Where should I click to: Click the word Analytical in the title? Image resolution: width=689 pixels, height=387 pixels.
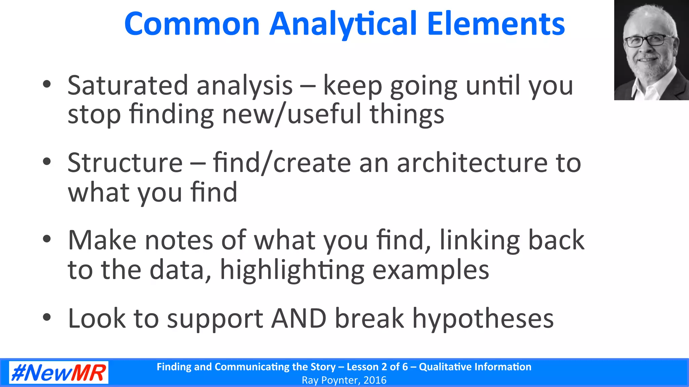pyautogui.click(x=343, y=24)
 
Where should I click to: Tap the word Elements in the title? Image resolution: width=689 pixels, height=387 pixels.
pyautogui.click(x=496, y=24)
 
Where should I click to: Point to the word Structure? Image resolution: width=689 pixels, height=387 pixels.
pyautogui.click(x=125, y=163)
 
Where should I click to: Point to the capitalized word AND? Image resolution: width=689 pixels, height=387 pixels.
pyautogui.click(x=299, y=318)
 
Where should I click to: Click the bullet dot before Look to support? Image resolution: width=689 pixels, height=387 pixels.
pyautogui.click(x=47, y=317)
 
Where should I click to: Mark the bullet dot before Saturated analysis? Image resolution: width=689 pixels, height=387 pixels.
pyautogui.click(x=47, y=84)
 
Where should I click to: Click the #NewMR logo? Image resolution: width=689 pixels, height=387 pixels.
pyautogui.click(x=59, y=373)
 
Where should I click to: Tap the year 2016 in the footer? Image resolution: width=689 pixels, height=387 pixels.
pyautogui.click(x=375, y=380)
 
